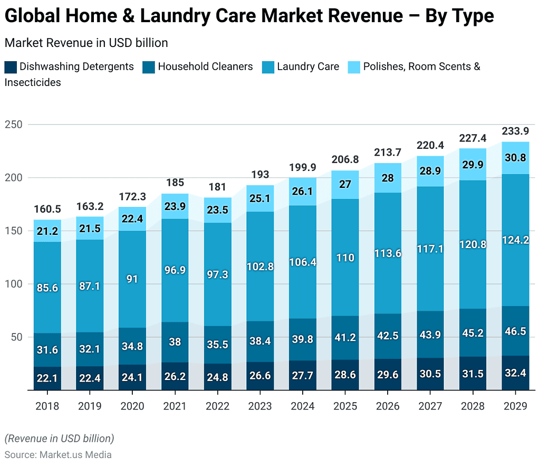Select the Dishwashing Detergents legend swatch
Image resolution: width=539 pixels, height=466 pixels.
click(x=11, y=67)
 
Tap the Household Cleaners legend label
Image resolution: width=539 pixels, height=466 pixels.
click(x=205, y=67)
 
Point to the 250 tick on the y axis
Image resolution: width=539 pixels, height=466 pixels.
click(x=14, y=125)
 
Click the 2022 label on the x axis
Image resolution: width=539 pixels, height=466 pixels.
click(x=217, y=406)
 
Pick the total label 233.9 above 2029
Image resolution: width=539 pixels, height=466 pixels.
click(x=515, y=131)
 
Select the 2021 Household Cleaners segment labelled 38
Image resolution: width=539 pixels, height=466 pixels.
click(x=175, y=342)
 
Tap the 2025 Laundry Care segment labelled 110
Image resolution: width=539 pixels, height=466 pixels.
click(x=345, y=258)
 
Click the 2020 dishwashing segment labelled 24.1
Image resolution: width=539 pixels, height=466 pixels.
click(x=132, y=378)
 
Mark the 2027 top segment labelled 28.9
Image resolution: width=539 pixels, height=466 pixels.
click(x=430, y=170)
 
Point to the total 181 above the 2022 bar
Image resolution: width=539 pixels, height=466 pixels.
click(x=217, y=187)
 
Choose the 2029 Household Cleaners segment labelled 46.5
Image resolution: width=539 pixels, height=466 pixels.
click(x=515, y=331)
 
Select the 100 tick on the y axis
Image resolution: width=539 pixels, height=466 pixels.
click(x=14, y=284)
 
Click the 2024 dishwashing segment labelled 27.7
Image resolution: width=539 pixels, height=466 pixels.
click(x=302, y=376)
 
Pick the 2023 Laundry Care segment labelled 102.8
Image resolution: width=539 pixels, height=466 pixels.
click(x=260, y=267)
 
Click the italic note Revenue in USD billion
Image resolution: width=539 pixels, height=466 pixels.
click(x=59, y=439)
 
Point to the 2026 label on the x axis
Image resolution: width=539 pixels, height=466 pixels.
click(x=388, y=406)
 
